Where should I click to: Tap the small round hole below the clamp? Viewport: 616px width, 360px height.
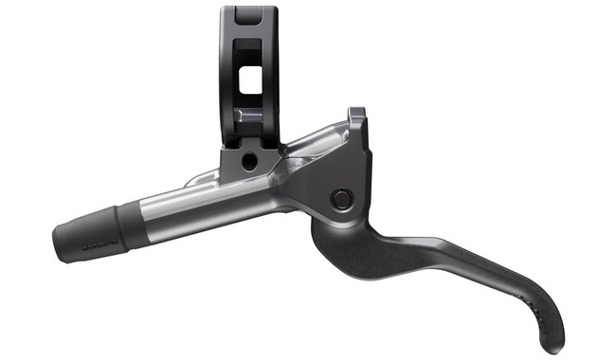pos(248,162)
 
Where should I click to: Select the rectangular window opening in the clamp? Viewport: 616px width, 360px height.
pos(250,81)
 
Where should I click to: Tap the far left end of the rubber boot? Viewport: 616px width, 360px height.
pos(58,243)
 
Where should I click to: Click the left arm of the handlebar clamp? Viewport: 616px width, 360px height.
pos(229,76)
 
